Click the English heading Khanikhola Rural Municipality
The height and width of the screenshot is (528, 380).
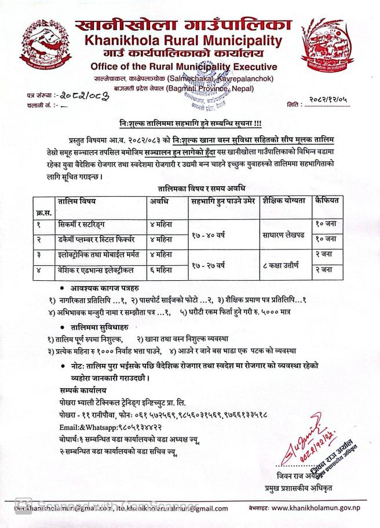click(x=183, y=41)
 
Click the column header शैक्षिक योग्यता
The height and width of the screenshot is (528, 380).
click(x=283, y=202)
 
